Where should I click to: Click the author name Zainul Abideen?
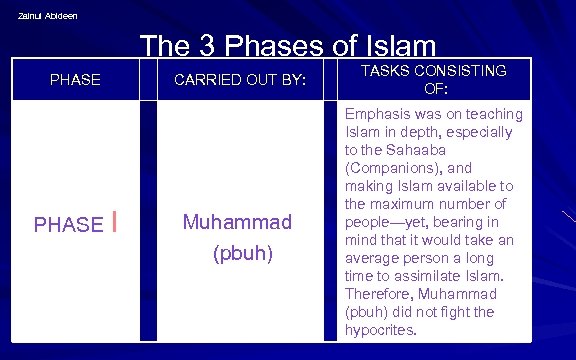pos(47,15)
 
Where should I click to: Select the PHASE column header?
pos(75,79)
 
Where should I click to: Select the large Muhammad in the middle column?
pos(237,221)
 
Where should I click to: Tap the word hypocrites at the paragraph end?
pos(381,330)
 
